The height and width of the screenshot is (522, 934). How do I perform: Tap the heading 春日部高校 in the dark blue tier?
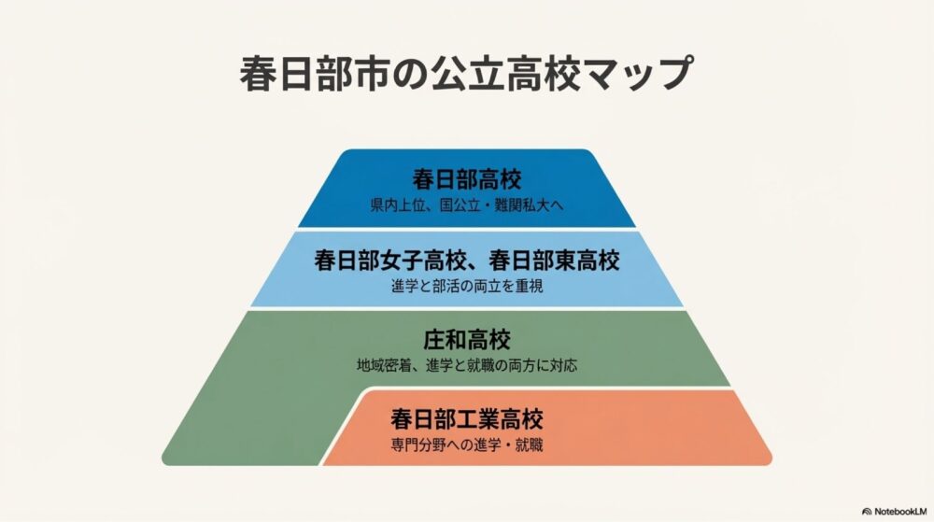466,179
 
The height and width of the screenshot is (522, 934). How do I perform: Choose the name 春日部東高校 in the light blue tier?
558,261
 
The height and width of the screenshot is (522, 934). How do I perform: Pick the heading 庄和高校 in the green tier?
466,339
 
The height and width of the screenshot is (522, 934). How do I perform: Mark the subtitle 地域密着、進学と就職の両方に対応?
466,364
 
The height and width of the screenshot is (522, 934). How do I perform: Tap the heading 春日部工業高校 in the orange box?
466,418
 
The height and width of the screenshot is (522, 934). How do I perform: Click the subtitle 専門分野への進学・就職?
466,444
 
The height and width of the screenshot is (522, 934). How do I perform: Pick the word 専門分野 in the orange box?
417,444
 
